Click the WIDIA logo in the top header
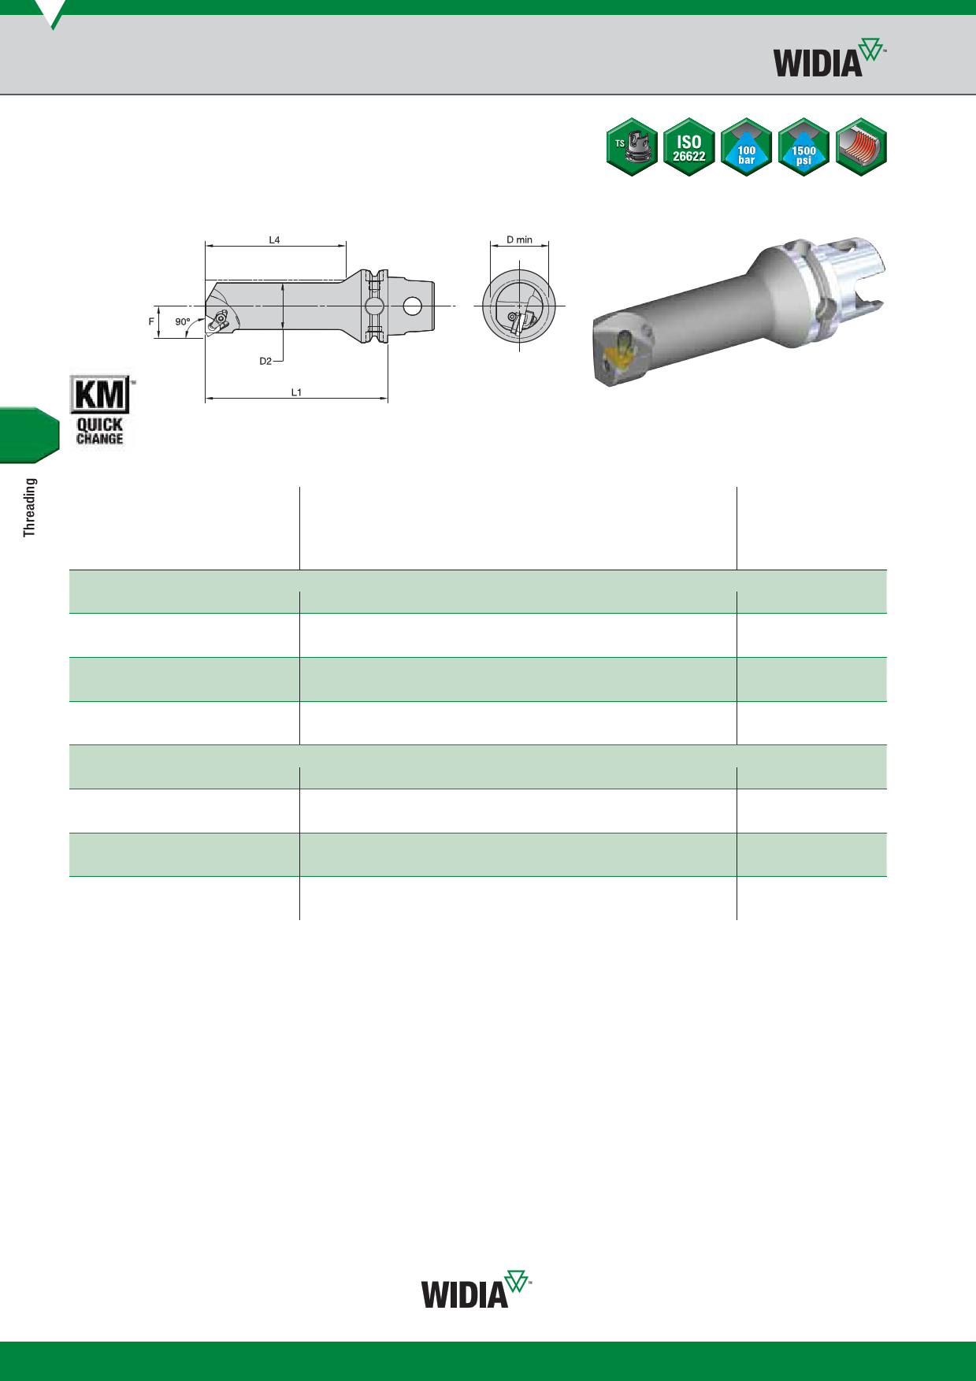point(829,58)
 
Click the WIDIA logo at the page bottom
point(477,1290)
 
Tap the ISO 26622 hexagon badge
point(689,147)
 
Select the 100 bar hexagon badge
point(746,147)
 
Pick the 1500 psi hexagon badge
point(803,147)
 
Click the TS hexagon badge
point(632,147)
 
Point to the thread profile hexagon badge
point(861,147)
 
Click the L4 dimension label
point(274,239)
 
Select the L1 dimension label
point(296,392)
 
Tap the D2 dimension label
point(265,361)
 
